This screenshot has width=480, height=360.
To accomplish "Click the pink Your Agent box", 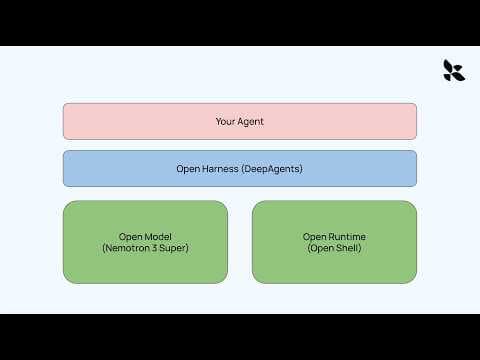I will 240,121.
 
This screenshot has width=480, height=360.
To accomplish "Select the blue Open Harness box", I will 240,168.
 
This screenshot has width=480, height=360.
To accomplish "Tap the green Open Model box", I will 145,241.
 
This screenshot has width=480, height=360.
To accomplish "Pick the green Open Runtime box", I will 334,241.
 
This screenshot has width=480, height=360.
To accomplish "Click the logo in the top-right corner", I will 454,70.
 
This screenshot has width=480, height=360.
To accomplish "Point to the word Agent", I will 251,121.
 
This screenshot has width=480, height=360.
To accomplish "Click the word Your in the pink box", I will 226,121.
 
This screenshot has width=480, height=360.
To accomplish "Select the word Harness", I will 220,168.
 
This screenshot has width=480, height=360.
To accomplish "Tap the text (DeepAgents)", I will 271,168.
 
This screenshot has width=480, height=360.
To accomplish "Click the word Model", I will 157,236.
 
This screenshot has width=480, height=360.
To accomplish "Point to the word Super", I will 175,247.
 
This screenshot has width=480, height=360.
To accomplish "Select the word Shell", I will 345,247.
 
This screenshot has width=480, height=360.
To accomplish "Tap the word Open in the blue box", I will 188,168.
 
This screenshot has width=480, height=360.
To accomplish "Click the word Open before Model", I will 132,236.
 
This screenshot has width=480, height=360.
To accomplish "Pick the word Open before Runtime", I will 315,236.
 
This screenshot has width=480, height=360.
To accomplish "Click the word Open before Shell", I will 322,247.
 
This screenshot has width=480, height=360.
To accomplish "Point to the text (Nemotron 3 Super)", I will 145,247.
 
